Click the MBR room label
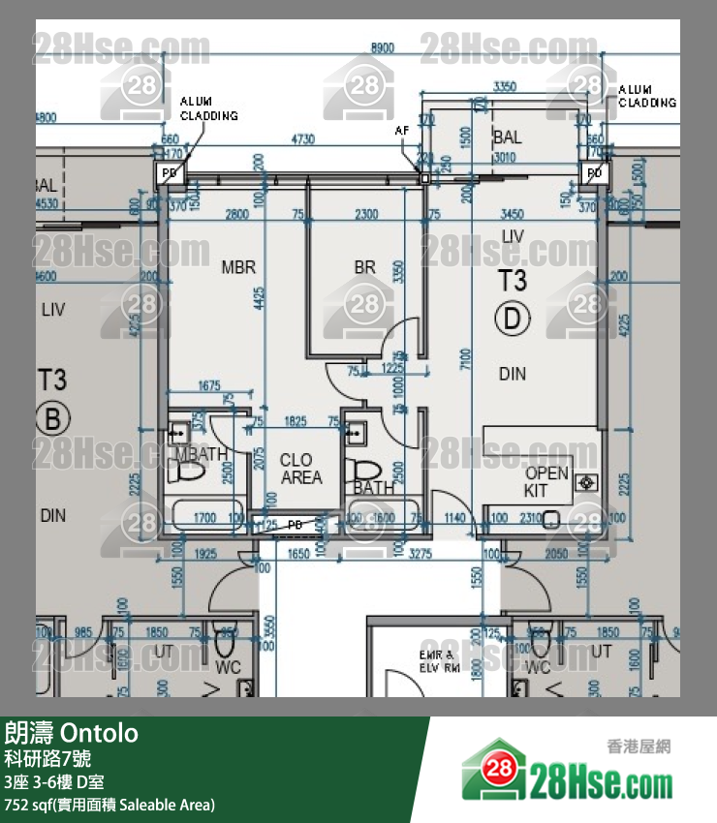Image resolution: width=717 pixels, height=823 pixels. (x=237, y=266)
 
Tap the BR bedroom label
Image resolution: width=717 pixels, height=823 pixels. (x=364, y=266)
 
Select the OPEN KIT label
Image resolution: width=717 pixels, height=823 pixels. (x=546, y=481)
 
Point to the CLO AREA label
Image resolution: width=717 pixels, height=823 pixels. (x=296, y=469)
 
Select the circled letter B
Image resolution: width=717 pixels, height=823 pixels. (x=52, y=418)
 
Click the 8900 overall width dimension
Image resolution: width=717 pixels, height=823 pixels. (x=384, y=47)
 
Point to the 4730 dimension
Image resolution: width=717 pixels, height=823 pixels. (x=302, y=139)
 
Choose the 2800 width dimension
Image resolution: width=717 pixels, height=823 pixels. (x=237, y=214)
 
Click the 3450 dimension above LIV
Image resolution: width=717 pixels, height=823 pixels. (x=511, y=214)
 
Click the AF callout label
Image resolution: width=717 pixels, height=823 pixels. (x=401, y=129)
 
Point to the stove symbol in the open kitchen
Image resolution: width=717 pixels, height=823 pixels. (x=584, y=481)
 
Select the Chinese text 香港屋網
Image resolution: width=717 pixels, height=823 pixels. (x=639, y=746)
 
